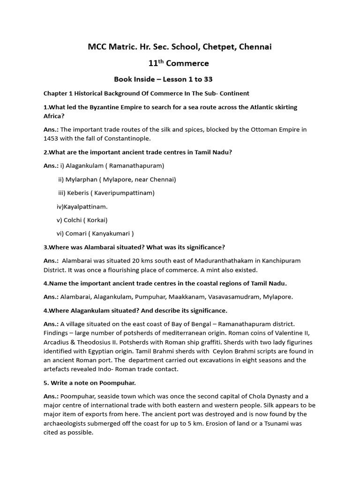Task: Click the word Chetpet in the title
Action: click(215, 47)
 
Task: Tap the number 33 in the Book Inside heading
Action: click(208, 79)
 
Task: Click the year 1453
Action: click(51, 138)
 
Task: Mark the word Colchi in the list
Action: click(73, 220)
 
